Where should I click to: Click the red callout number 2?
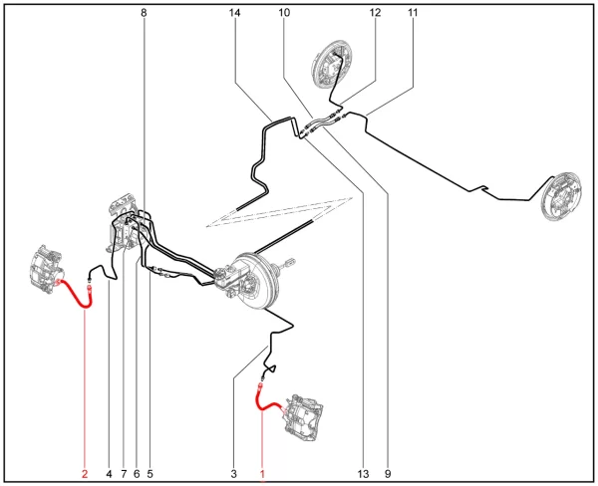click(x=85, y=474)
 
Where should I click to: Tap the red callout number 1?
click(x=262, y=474)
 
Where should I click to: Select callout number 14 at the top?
click(x=235, y=13)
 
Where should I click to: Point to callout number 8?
click(x=144, y=13)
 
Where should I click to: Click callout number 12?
click(x=376, y=13)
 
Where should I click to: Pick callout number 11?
click(x=413, y=13)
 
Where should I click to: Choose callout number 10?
click(x=284, y=13)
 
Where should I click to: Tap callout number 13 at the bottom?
click(x=364, y=474)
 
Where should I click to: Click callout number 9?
click(x=388, y=474)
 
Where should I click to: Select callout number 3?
click(x=234, y=474)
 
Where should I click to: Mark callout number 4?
click(x=109, y=474)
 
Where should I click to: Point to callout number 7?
click(x=124, y=474)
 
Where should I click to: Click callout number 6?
click(x=137, y=474)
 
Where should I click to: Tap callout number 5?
click(x=149, y=474)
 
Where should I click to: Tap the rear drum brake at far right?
click(x=561, y=196)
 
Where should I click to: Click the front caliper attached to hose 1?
click(x=304, y=418)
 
